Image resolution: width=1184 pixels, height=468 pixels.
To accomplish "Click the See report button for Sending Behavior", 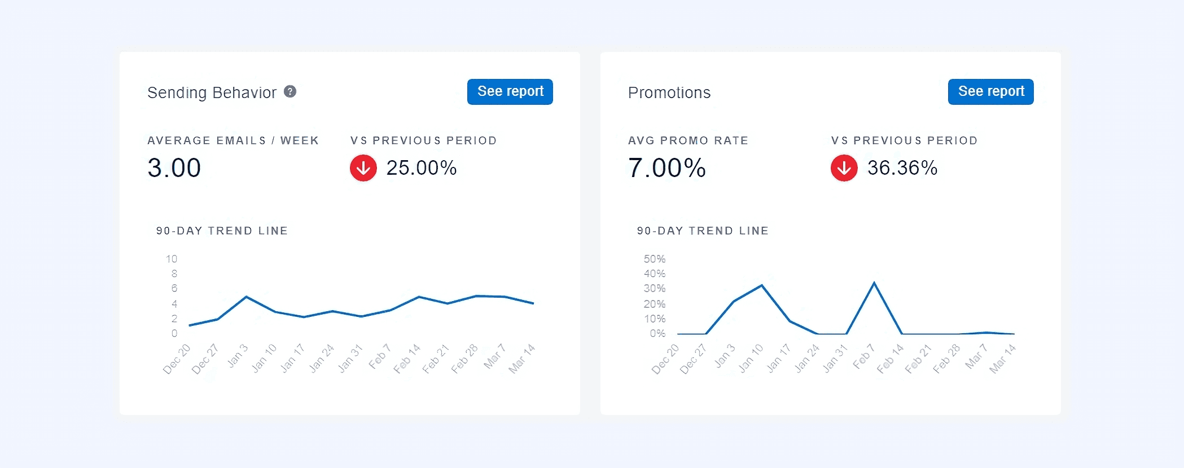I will (x=510, y=91).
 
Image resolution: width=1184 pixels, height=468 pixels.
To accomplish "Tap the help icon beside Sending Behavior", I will (x=290, y=91).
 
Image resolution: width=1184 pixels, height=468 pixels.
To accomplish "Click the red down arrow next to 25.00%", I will (x=363, y=168).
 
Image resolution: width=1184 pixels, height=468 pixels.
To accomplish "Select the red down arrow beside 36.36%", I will (x=844, y=168).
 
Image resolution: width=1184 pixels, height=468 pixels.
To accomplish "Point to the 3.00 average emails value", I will (x=174, y=168).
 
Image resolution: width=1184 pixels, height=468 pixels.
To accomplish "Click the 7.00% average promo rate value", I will (x=666, y=168).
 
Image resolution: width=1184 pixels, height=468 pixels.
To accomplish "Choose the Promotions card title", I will (x=669, y=92).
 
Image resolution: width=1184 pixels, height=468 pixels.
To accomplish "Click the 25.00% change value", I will (x=421, y=168).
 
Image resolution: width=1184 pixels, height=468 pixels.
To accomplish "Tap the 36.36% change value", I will (x=902, y=168).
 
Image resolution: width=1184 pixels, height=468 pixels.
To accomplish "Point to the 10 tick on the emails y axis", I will (x=172, y=259).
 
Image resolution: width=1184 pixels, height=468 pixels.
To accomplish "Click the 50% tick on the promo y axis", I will (x=655, y=259).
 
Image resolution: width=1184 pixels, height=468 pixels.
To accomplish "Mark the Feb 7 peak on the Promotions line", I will (x=874, y=282).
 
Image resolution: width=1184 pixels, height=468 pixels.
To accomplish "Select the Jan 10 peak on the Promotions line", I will (x=762, y=285).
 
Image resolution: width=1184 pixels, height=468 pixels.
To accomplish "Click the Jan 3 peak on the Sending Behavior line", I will (x=247, y=297).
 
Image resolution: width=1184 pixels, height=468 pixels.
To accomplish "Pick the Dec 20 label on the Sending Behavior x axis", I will (x=177, y=359).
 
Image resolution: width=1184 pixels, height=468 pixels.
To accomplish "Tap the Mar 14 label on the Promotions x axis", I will (x=1002, y=359).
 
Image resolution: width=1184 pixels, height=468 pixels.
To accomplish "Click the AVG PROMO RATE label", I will (x=688, y=140).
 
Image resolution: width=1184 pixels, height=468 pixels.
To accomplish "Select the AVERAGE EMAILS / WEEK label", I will (x=233, y=140).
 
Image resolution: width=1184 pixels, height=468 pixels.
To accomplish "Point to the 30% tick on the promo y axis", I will (x=655, y=288).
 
